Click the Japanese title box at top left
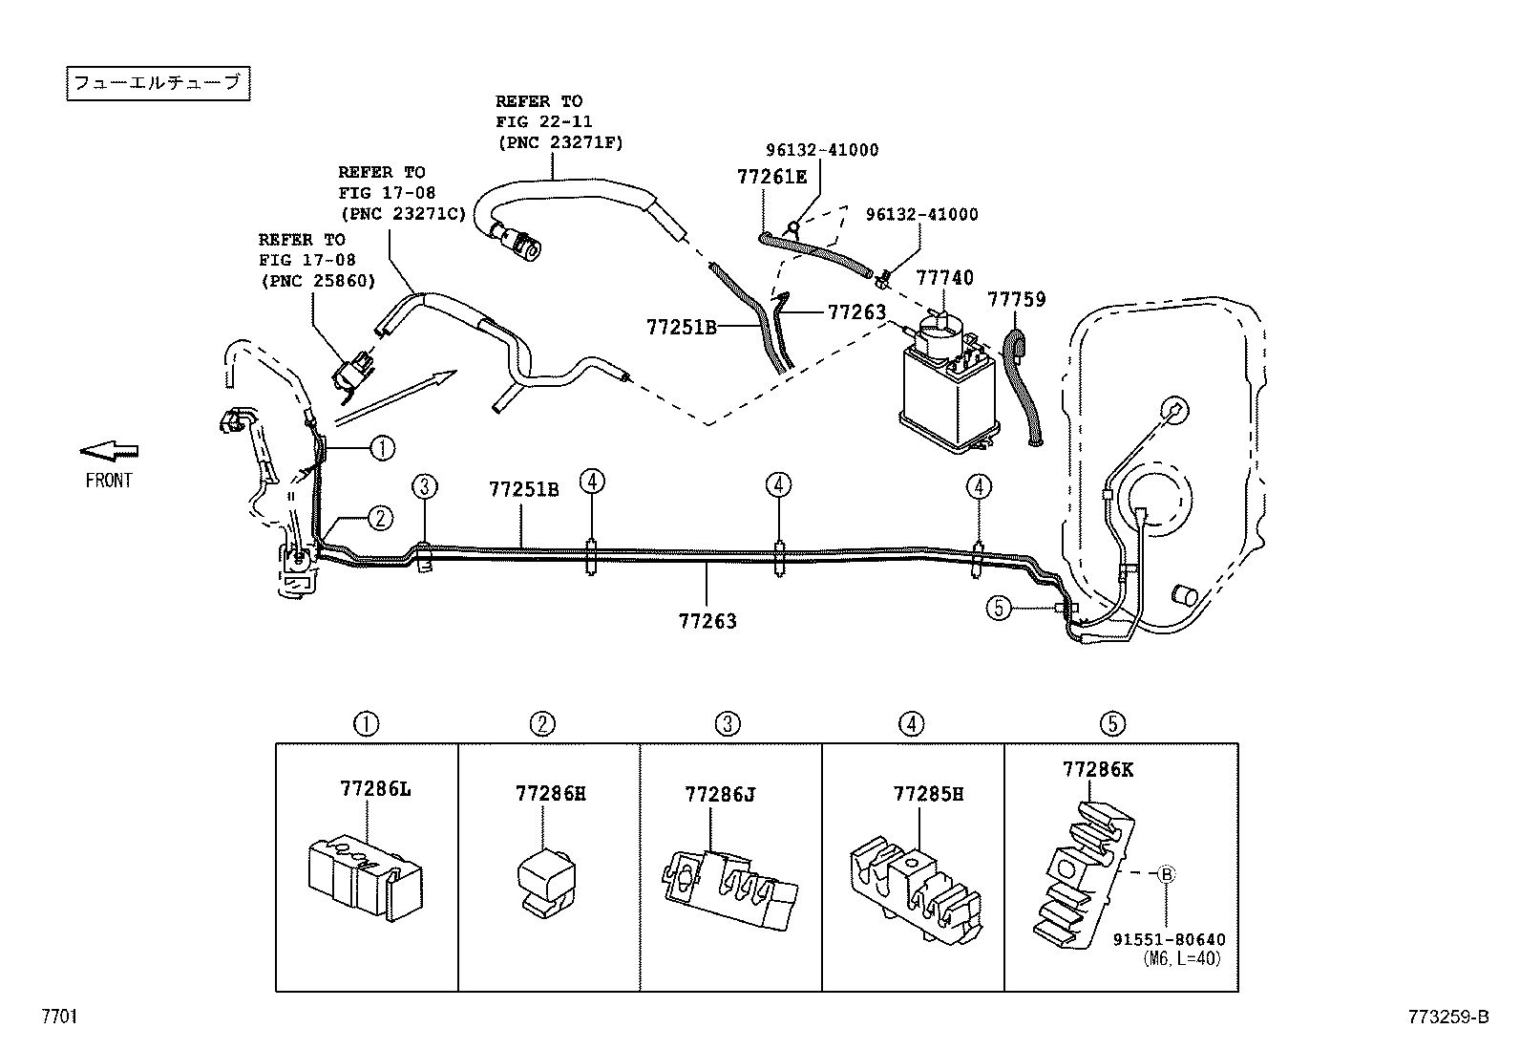(x=158, y=83)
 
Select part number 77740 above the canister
(x=944, y=278)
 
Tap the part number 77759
(x=1016, y=300)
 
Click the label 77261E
(x=771, y=177)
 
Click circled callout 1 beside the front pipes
(x=381, y=446)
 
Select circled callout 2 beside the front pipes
(x=380, y=519)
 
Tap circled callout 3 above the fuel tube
(x=425, y=486)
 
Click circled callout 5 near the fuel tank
(x=998, y=608)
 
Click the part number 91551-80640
(x=1169, y=940)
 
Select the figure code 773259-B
(x=1447, y=1018)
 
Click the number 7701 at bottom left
(x=59, y=1017)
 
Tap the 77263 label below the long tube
(x=707, y=621)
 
